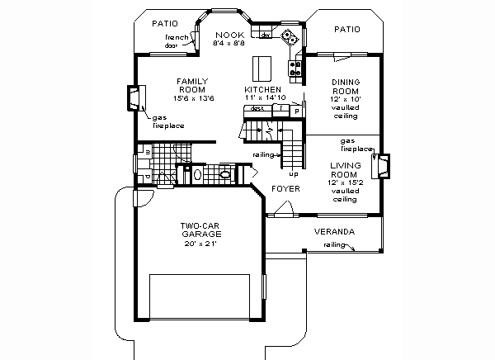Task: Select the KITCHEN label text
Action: (263, 88)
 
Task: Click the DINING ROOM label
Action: (344, 87)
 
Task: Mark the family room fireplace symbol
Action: (132, 98)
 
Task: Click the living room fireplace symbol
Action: (381, 168)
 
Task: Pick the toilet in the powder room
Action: (224, 174)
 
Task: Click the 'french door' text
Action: (177, 42)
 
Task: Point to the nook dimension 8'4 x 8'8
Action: (231, 43)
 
